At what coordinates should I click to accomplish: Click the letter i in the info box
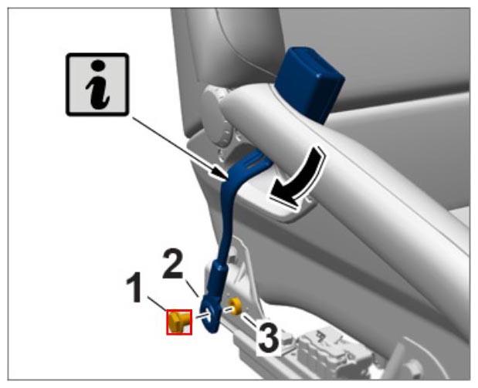(97, 84)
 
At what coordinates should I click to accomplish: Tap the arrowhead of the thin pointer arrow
(220, 174)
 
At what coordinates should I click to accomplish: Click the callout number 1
(134, 288)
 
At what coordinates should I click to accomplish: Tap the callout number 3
(268, 337)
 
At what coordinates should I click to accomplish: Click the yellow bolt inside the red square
(178, 322)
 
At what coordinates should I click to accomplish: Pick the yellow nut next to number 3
(235, 306)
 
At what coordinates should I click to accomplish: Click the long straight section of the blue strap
(226, 219)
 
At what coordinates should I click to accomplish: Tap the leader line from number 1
(158, 303)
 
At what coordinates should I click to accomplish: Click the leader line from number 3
(251, 319)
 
